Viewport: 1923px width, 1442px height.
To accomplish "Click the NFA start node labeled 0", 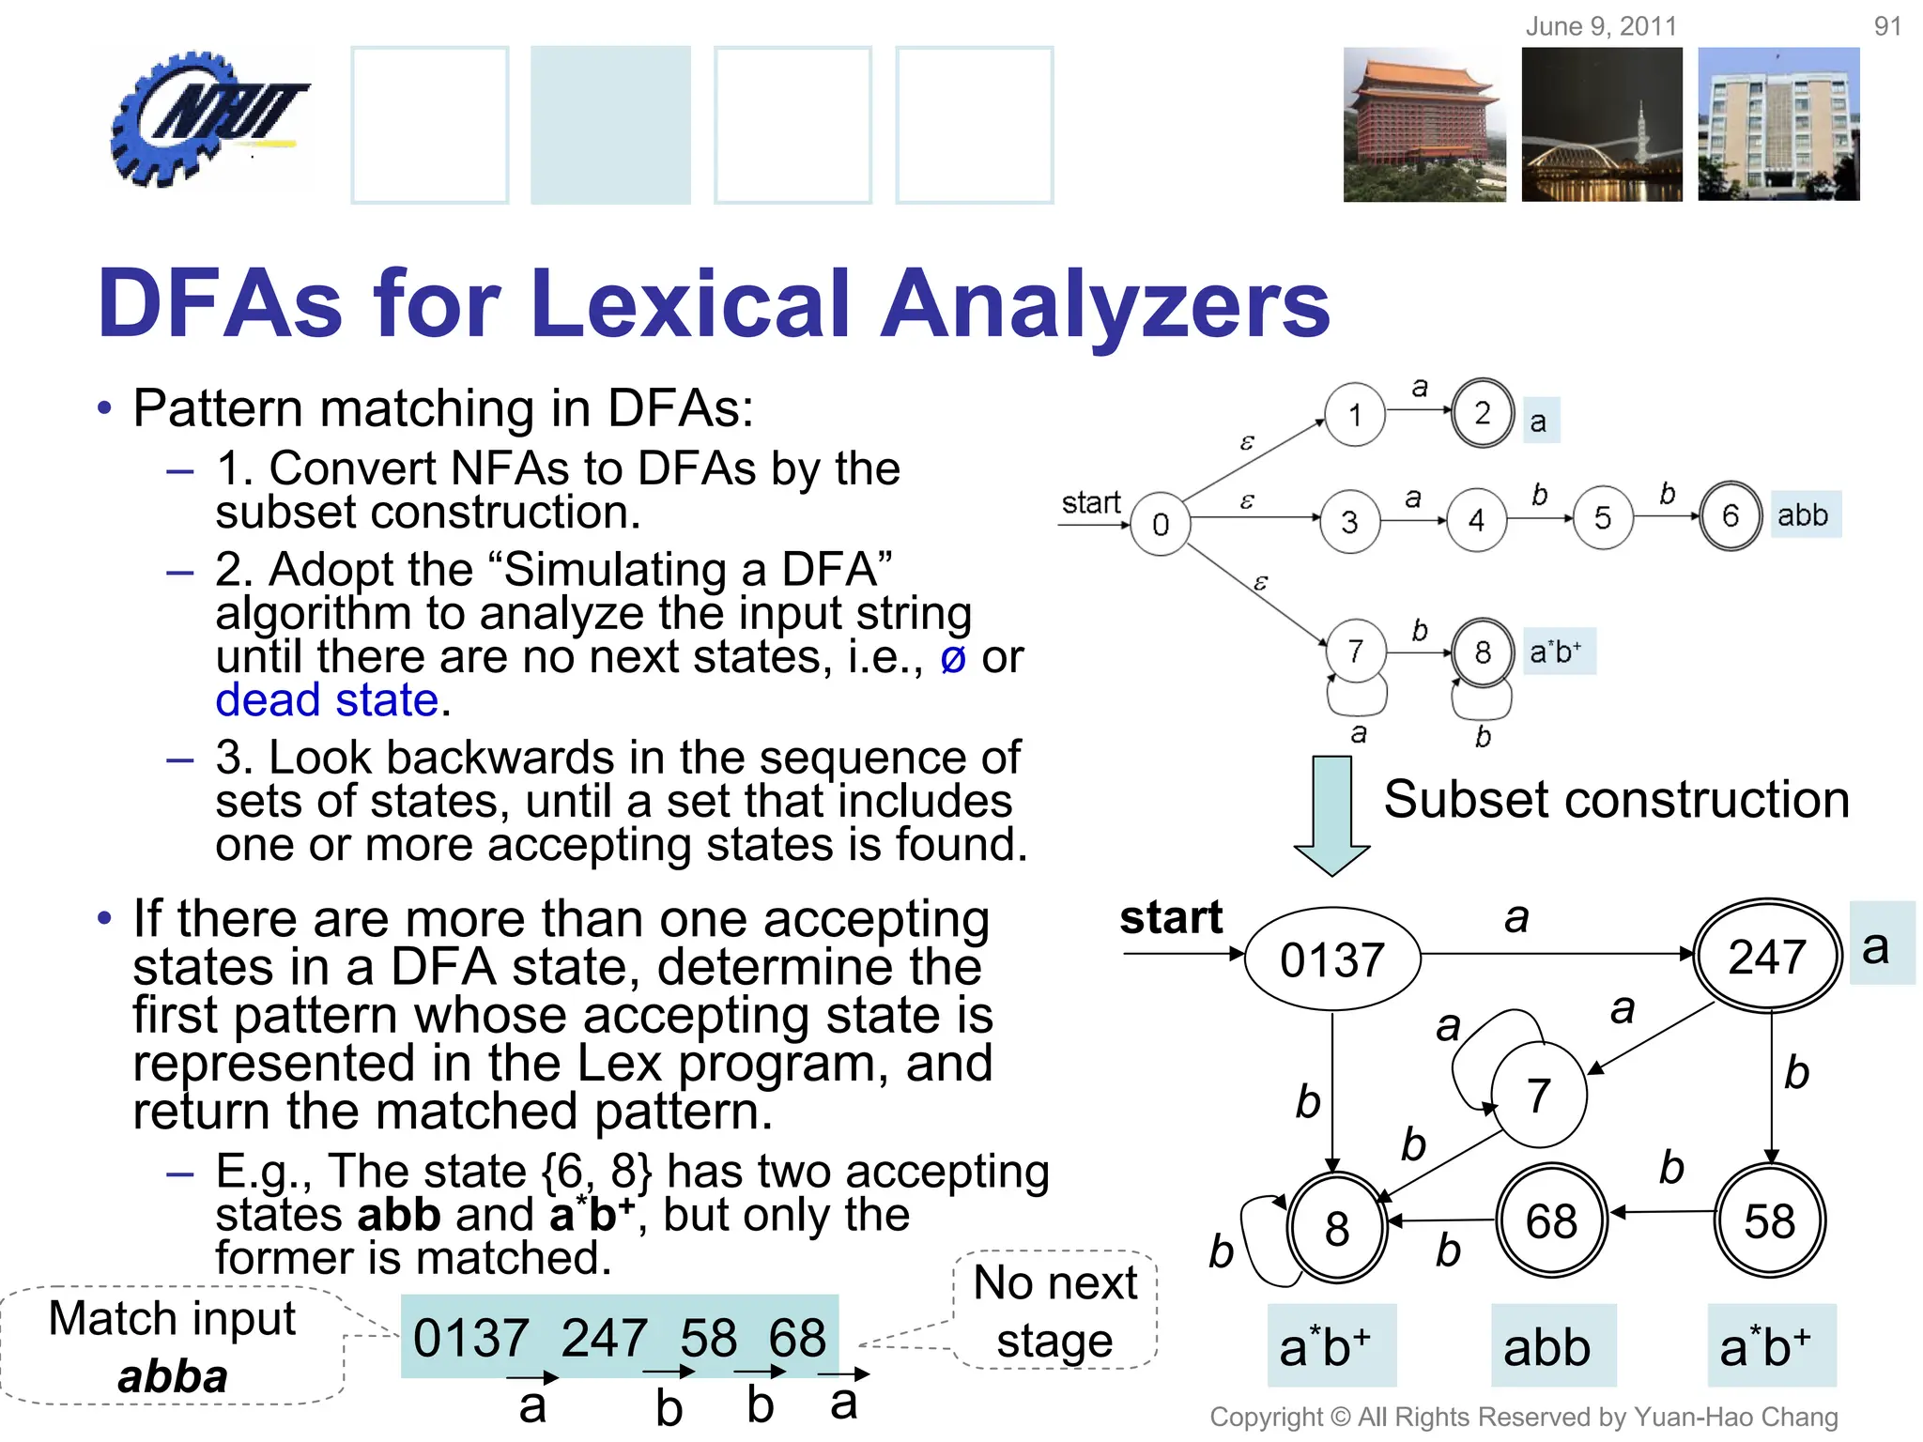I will click(x=1161, y=523).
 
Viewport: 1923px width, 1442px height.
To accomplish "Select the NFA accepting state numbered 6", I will click(x=1730, y=515).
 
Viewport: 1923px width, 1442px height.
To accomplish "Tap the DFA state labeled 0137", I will click(x=1331, y=959).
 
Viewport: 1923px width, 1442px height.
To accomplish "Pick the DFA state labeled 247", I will click(x=1767, y=957).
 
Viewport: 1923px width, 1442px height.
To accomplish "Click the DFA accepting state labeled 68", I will click(x=1551, y=1221).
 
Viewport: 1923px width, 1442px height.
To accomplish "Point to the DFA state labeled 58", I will click(x=1770, y=1221).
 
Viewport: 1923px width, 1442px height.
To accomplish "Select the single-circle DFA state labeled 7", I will click(x=1538, y=1095).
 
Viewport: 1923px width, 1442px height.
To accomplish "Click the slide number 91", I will click(x=1887, y=26).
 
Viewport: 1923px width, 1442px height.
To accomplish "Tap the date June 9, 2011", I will click(x=1601, y=26).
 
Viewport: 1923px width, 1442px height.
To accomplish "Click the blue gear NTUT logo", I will click(x=202, y=117).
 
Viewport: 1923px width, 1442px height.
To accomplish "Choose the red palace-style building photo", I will click(x=1423, y=124).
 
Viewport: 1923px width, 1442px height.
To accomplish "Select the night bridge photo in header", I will click(x=1602, y=124).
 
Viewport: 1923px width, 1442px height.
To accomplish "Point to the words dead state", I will click(x=327, y=700).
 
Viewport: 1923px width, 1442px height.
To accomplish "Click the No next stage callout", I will click(x=1054, y=1311).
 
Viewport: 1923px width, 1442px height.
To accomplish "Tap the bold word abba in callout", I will click(x=173, y=1376).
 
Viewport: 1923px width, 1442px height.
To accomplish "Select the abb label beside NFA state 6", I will click(x=1804, y=514).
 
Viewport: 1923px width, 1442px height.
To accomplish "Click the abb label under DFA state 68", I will click(x=1547, y=1347).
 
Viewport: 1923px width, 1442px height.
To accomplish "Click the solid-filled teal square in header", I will click(x=610, y=124).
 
